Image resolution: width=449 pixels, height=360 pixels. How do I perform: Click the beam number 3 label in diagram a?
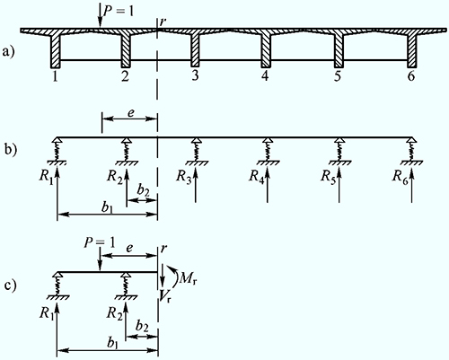[x=195, y=75]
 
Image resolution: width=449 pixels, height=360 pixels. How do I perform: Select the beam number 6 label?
[x=411, y=76]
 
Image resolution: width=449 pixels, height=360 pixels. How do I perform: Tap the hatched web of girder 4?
[x=266, y=50]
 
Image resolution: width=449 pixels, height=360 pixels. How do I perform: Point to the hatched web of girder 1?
[x=56, y=51]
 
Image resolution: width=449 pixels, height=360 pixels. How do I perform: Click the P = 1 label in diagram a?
[x=118, y=12]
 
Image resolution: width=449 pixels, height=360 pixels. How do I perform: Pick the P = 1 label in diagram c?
[x=100, y=243]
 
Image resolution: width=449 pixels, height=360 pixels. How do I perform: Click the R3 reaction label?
[x=184, y=177]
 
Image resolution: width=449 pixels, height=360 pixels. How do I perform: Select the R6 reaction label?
[x=401, y=177]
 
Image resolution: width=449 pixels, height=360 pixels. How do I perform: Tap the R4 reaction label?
[x=257, y=177]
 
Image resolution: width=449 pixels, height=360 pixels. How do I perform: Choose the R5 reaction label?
[x=329, y=177]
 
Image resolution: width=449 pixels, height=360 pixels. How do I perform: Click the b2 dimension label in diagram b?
[x=144, y=189]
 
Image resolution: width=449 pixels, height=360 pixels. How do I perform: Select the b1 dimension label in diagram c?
[x=112, y=343]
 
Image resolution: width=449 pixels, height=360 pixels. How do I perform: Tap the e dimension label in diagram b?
[x=131, y=114]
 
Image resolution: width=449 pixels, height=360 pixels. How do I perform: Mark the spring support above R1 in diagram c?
[x=57, y=285]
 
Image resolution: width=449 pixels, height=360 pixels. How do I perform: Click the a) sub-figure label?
[x=9, y=52]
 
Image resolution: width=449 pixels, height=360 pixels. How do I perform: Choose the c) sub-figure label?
[x=11, y=285]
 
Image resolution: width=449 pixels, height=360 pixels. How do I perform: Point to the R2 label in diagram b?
[x=116, y=177]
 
